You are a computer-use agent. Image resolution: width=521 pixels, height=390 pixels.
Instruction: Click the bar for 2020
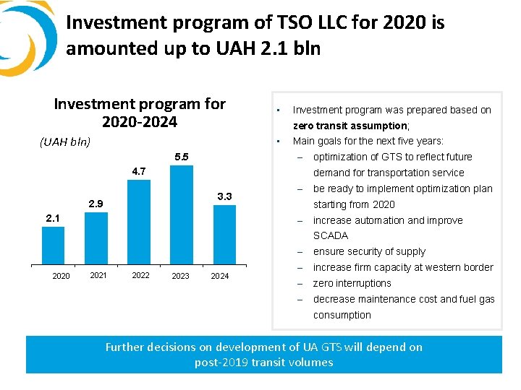tap(53, 246)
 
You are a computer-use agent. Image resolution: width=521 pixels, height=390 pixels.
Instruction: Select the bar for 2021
tap(96, 238)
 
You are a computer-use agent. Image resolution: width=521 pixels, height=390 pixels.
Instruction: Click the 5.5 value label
tap(182, 157)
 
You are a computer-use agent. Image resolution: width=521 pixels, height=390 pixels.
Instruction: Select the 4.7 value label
tap(139, 171)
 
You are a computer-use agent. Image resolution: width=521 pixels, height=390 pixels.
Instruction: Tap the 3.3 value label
tap(224, 196)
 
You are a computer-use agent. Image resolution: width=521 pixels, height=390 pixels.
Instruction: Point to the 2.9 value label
tap(97, 204)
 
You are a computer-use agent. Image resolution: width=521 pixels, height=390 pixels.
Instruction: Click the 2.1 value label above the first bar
tap(53, 217)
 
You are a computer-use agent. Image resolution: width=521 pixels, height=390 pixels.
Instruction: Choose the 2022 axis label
tap(140, 275)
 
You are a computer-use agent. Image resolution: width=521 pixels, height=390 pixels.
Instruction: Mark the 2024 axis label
tap(219, 276)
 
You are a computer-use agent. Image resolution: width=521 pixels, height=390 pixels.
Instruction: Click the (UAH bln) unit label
tap(65, 142)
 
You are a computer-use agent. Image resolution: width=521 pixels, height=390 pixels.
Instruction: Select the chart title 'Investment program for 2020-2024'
tap(140, 113)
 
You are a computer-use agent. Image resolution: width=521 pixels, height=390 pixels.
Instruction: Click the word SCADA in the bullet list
tap(330, 235)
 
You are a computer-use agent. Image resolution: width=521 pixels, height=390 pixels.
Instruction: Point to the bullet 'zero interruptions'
tap(352, 283)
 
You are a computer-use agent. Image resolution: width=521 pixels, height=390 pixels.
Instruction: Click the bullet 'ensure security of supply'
tap(369, 251)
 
